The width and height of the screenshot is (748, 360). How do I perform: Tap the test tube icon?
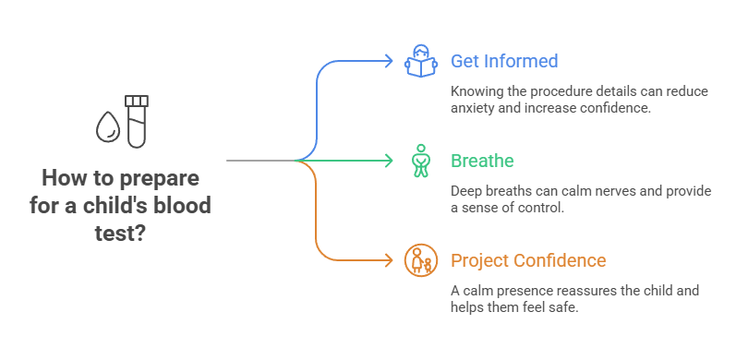137,121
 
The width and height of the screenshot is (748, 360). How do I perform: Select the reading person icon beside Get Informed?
421,62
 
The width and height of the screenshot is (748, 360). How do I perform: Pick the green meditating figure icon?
421,161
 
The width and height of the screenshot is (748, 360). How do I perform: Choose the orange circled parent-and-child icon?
421,260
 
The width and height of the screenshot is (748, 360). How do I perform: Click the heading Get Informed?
504,62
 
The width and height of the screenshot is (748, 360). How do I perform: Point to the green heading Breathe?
482,161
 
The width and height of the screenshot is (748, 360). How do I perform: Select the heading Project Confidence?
528,260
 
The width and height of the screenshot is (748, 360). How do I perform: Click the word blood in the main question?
186,204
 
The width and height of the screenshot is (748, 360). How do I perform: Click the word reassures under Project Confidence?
583,291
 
